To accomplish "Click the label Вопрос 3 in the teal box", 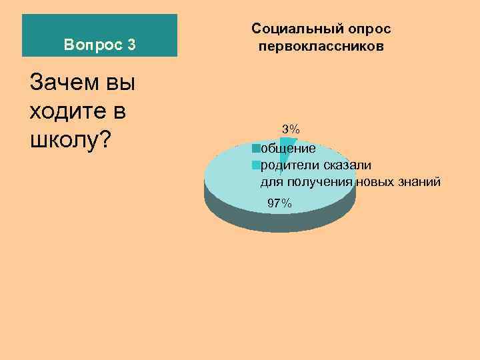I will point(100,45).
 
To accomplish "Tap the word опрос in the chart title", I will point(367,29).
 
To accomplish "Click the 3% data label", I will point(291,128).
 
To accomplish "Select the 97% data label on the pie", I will point(279,203).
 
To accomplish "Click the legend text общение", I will point(289,148).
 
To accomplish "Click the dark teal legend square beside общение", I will point(255,147).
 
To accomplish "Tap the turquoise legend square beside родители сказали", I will point(255,164).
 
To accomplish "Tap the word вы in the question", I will point(121,84).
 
